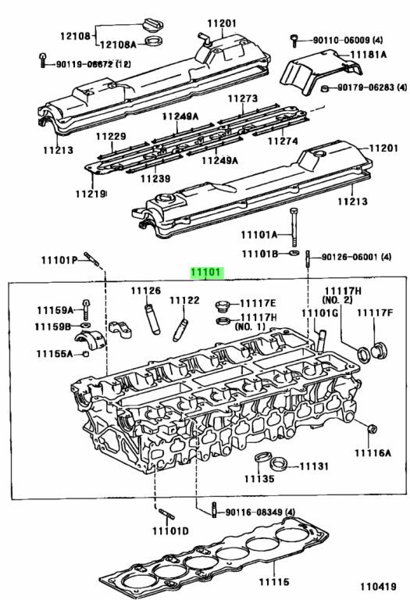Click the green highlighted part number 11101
[206, 273]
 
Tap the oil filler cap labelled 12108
[152, 24]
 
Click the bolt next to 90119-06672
[42, 59]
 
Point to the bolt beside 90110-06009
[294, 40]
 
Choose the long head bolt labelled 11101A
[294, 227]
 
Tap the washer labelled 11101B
[294, 253]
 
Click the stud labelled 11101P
[92, 259]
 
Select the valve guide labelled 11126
[152, 319]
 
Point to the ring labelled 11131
[279, 464]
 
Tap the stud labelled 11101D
[167, 514]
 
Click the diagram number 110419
[378, 586]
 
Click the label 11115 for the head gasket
[274, 582]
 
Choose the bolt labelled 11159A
[86, 309]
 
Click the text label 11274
[283, 141]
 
